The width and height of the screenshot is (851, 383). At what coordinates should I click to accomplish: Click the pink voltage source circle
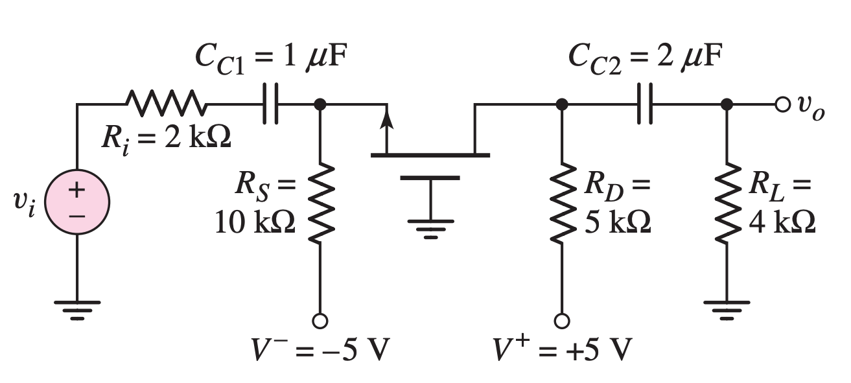tap(77, 202)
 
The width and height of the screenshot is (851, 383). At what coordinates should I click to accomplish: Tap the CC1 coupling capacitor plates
tap(271, 104)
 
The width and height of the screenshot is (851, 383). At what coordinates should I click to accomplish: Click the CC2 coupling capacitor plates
tap(645, 104)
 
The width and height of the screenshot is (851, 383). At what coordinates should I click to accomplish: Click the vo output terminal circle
tap(781, 104)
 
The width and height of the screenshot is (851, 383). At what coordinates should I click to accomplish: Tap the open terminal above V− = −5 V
tap(320, 320)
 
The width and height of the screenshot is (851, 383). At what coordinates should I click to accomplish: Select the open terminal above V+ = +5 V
tap(562, 320)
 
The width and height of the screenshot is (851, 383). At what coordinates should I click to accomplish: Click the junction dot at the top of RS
tap(320, 104)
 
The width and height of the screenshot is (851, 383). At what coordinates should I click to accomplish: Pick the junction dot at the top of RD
tap(562, 104)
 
